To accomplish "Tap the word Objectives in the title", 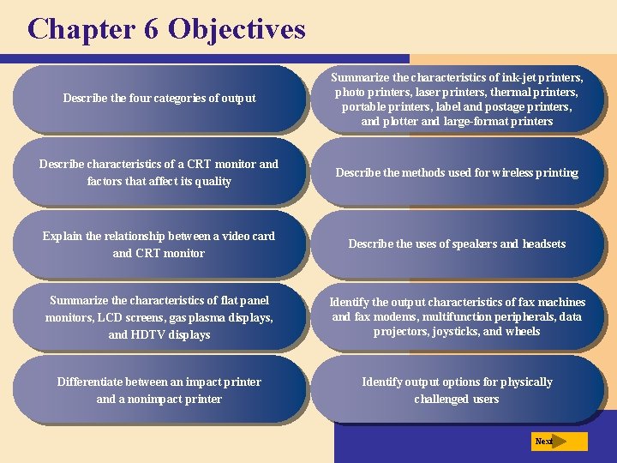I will pos(237,29).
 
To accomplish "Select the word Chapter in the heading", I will pos(75,28).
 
